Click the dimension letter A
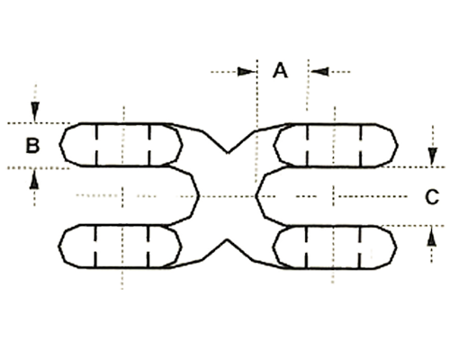pos(280,70)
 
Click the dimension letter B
pos(32,145)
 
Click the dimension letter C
pos(432,197)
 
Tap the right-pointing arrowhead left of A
pos(246,72)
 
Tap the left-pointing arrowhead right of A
pos(319,72)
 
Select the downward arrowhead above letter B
pos(35,112)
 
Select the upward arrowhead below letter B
pos(34,179)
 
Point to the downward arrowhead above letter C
pos(432,156)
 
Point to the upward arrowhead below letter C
pos(432,237)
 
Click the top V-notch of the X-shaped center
pos(228,153)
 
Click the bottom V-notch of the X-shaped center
pos(227,239)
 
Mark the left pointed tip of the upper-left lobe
pos(60,144)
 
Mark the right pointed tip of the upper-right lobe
pos(398,146)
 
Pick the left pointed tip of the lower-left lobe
pos(58,247)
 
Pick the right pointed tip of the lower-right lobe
pos(397,247)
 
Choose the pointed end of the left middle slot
pos(199,196)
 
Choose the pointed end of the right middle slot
pos(256,196)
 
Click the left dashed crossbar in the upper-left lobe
pos(96,145)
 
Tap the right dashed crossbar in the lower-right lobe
pos(360,247)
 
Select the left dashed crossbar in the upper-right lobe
pos(307,146)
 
